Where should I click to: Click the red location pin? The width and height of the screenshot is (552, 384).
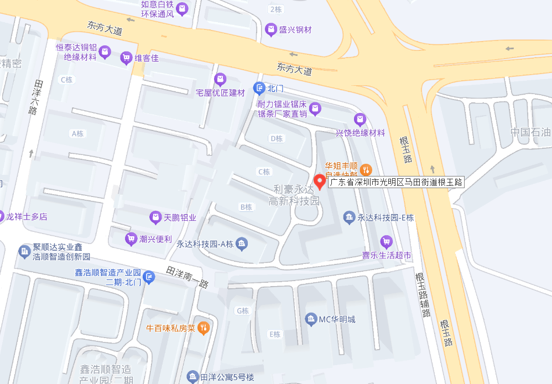point(320,181)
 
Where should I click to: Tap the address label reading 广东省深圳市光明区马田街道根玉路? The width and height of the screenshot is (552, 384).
point(396,181)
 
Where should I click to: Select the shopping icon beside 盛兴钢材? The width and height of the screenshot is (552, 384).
point(271,29)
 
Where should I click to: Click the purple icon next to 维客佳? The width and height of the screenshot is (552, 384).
point(126,58)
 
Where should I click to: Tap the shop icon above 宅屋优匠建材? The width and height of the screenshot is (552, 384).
point(220,79)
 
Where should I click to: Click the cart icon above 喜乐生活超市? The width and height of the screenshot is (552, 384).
point(387,241)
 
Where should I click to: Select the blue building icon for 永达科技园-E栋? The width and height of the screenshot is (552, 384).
point(348,217)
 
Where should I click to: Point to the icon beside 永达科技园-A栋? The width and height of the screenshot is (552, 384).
point(242,243)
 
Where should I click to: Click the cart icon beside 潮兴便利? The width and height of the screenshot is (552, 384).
point(131,239)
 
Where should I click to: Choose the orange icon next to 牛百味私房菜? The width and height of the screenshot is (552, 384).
point(204,328)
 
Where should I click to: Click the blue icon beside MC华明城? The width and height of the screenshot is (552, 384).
point(310,319)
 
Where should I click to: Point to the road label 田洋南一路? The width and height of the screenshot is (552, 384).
point(188,277)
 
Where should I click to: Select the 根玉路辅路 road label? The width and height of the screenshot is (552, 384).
point(423,295)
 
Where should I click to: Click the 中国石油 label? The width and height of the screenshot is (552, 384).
point(530,132)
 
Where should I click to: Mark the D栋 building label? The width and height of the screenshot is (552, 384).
point(275,138)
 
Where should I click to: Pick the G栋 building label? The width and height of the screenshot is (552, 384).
point(243,311)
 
